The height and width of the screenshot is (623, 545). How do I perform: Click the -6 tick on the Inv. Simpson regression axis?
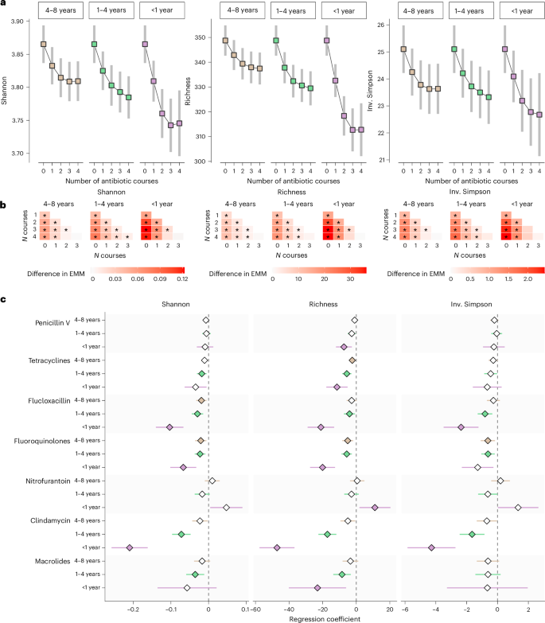point(405,610)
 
